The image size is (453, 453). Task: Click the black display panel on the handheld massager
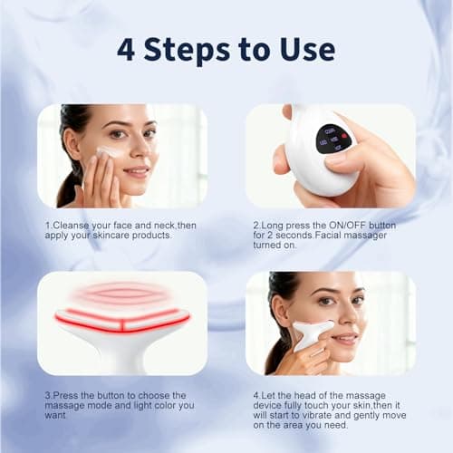click(332, 139)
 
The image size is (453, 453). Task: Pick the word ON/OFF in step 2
click(361, 224)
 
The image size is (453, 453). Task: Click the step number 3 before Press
click(48, 395)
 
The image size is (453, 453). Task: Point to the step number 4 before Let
click(256, 395)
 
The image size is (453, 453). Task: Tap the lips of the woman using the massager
click(344, 338)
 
